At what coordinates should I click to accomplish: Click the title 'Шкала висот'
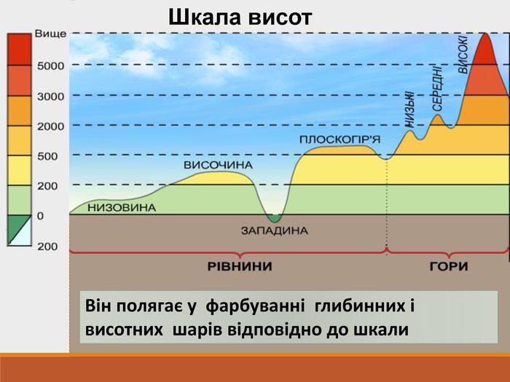tap(240, 17)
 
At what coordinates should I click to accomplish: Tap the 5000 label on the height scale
tap(50, 66)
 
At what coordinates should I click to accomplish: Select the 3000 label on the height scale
tap(50, 97)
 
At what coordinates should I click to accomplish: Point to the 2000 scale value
tap(50, 127)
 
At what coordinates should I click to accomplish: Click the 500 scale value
tap(47, 156)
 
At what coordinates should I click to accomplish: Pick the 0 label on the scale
tap(40, 216)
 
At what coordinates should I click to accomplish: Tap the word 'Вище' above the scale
tap(50, 33)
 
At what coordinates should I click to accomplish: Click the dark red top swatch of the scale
tap(20, 49)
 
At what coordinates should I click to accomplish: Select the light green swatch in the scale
tap(20, 200)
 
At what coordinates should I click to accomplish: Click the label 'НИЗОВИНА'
tap(122, 207)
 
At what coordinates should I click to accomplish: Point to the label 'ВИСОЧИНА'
tap(219, 165)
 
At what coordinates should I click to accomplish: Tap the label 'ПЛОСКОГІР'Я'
tap(340, 140)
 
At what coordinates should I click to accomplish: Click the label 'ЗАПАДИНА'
tap(275, 231)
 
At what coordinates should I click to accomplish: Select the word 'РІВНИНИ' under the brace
tap(240, 266)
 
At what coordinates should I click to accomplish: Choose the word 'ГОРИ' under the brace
tap(449, 266)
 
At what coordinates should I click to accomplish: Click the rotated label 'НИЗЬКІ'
tap(409, 109)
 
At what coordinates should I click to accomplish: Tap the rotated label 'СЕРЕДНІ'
tap(437, 89)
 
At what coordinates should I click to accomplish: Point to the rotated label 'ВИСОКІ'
tap(463, 55)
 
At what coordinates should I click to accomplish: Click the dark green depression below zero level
tap(274, 218)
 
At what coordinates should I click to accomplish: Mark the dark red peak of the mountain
tap(485, 50)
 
